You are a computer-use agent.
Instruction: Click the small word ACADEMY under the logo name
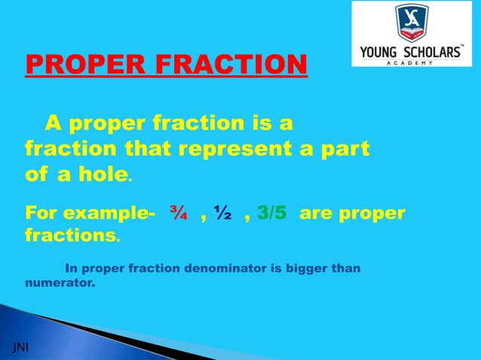tap(412, 63)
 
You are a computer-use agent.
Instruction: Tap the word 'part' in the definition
tap(345, 148)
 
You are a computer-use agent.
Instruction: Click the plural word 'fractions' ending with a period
tap(70, 235)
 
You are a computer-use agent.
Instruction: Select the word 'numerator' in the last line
tap(54, 285)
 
